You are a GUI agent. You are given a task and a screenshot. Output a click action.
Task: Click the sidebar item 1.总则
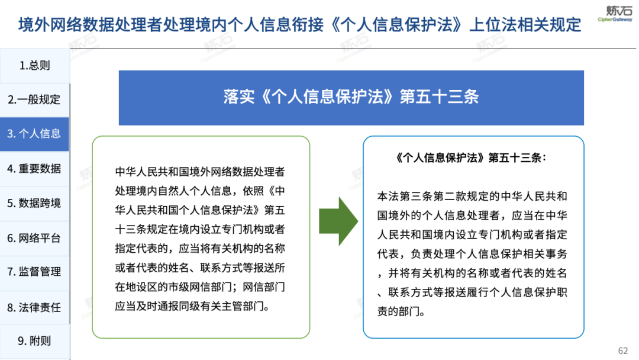click(x=35, y=66)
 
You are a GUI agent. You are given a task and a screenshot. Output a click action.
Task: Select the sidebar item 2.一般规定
click(x=35, y=99)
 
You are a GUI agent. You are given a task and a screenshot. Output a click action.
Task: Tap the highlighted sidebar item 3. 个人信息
click(x=34, y=134)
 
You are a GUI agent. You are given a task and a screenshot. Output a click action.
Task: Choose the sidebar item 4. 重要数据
click(x=34, y=169)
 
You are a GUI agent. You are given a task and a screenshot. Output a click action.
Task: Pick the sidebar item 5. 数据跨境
click(x=34, y=203)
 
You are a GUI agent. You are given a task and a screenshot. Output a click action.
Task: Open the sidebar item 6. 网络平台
click(x=34, y=238)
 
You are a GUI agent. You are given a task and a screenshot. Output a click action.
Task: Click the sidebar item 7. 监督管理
click(x=34, y=272)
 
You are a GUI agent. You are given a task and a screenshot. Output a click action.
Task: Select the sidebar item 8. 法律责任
click(x=34, y=307)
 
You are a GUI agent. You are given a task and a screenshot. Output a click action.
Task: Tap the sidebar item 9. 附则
click(x=34, y=341)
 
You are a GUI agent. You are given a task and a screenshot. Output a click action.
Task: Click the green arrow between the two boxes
click(x=338, y=221)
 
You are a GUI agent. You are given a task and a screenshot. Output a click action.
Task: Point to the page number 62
click(x=623, y=351)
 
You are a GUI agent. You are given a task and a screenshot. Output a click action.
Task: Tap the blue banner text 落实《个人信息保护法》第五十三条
click(x=351, y=98)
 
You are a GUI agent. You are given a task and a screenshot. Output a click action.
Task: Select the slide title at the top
click(x=299, y=25)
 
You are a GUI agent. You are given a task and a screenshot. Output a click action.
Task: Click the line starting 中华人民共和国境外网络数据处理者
click(x=200, y=172)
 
